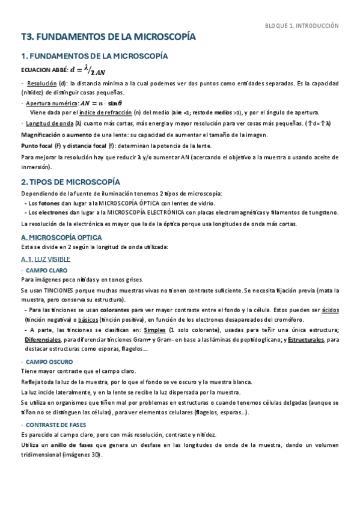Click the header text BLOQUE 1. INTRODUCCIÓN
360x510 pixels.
(x=302, y=26)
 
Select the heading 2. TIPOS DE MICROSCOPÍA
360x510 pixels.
(x=70, y=182)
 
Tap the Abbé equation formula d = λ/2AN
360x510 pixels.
(x=89, y=69)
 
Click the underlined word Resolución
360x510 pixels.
(x=41, y=83)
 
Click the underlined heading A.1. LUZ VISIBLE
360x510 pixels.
(x=46, y=259)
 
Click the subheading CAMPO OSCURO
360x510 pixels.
(x=49, y=363)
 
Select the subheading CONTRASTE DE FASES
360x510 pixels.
(x=57, y=425)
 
